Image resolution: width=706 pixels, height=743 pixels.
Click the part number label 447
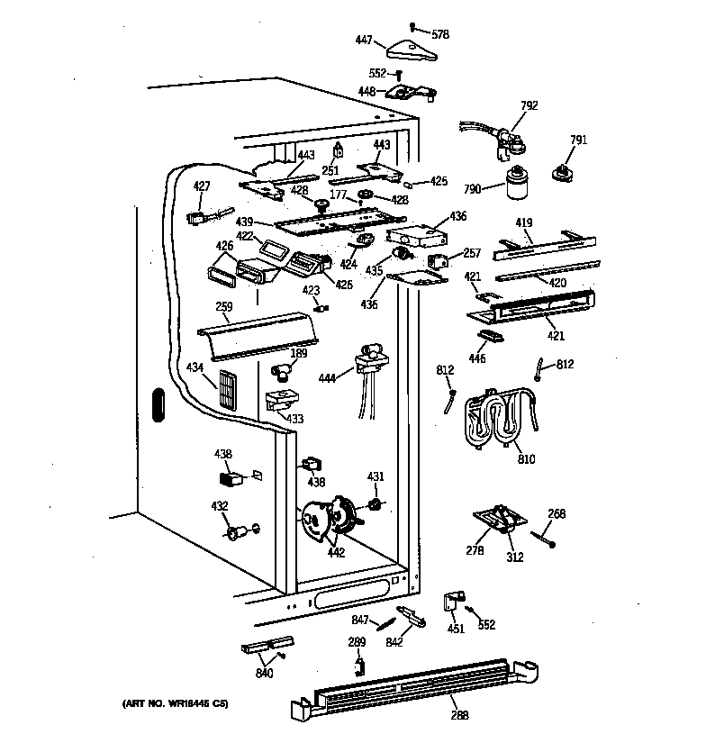(x=363, y=40)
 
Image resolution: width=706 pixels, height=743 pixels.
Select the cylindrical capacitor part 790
(x=518, y=186)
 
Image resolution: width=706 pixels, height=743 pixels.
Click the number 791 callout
(x=577, y=140)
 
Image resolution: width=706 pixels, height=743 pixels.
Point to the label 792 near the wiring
(x=529, y=105)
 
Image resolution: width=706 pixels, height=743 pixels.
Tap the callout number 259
(x=223, y=307)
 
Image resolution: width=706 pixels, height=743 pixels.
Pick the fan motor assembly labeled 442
(x=329, y=519)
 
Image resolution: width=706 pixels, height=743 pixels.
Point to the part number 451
(x=456, y=628)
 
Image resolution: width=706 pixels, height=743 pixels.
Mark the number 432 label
(x=219, y=507)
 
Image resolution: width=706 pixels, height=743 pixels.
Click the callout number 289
(x=358, y=642)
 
